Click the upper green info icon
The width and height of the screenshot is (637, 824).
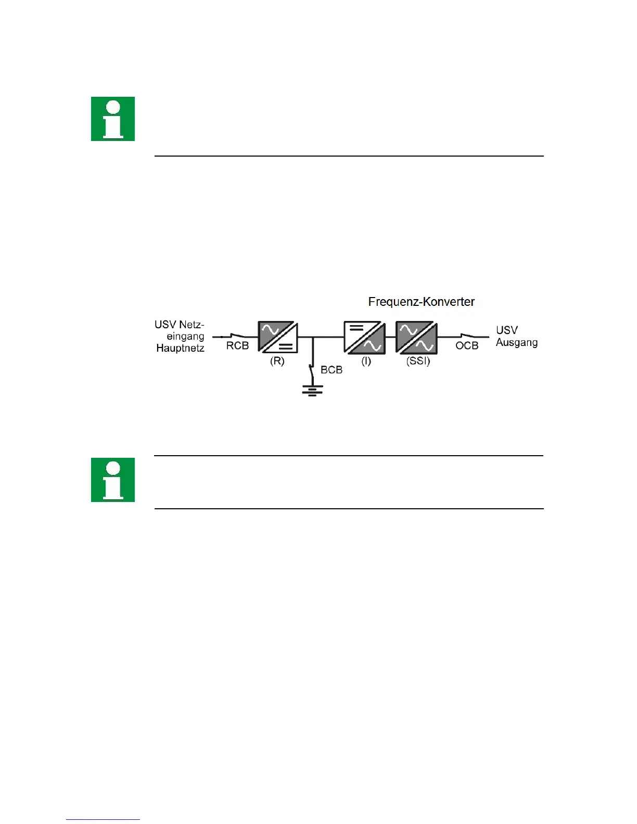[113, 119]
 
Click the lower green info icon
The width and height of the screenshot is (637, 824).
[113, 480]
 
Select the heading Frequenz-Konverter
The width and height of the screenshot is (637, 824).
[421, 302]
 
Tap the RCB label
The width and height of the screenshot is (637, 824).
[237, 346]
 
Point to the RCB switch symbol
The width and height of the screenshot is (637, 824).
[236, 336]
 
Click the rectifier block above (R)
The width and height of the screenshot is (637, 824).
[278, 337]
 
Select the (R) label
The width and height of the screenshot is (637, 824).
[277, 361]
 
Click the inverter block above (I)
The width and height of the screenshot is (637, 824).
[364, 338]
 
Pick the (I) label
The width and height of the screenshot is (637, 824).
[366, 361]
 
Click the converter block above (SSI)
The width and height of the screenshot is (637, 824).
[416, 338]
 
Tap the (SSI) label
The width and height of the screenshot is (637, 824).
[418, 361]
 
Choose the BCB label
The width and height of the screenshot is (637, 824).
[332, 370]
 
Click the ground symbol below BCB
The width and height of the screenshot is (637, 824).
[312, 390]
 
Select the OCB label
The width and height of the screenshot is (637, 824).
[467, 346]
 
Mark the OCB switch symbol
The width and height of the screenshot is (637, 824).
[467, 336]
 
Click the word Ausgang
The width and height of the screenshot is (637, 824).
[517, 343]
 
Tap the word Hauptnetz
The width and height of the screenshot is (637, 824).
[180, 348]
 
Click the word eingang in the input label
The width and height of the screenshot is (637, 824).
[185, 337]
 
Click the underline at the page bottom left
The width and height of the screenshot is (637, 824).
[103, 819]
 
